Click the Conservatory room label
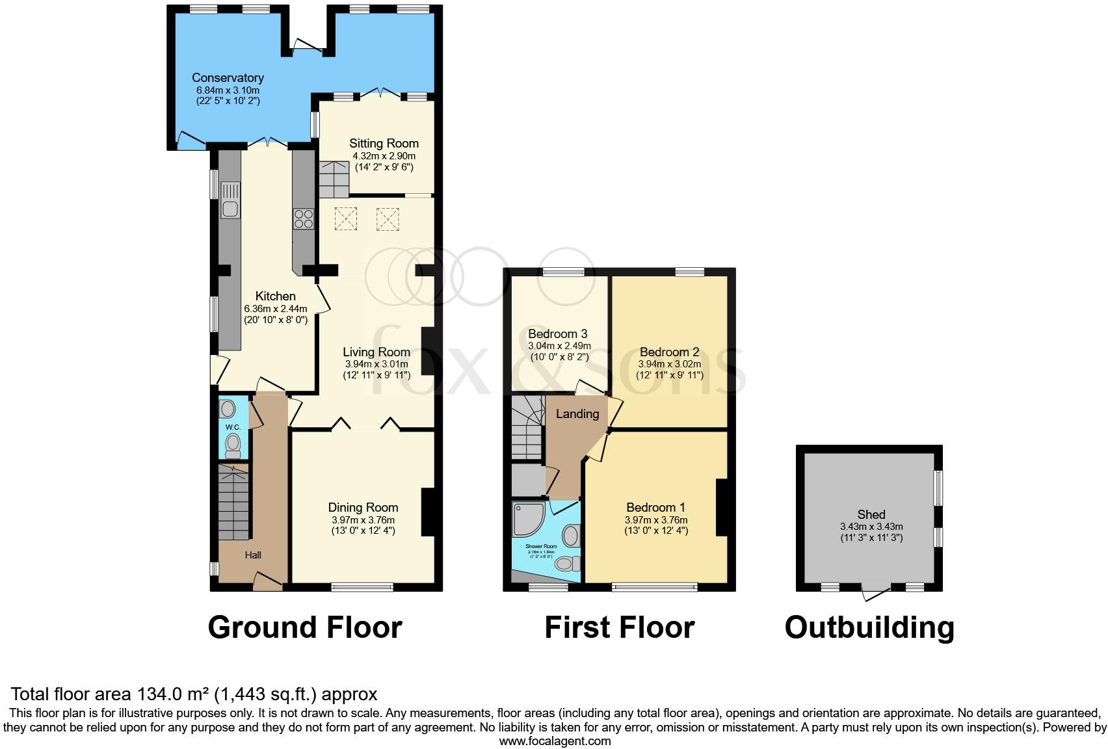(x=228, y=78)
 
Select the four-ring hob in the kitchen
(x=303, y=218)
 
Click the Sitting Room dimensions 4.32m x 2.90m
(x=384, y=156)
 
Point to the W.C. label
(x=233, y=427)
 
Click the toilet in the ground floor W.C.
(x=232, y=446)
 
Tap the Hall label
(x=253, y=555)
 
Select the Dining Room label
(x=363, y=507)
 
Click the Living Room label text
(x=376, y=352)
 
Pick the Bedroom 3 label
(x=557, y=334)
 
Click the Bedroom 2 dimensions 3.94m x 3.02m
(x=669, y=364)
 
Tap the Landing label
(x=577, y=414)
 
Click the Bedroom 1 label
(x=655, y=507)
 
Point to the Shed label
(x=871, y=514)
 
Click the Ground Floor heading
(x=304, y=627)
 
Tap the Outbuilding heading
(x=869, y=627)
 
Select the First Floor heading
(x=619, y=627)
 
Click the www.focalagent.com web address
(x=555, y=741)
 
